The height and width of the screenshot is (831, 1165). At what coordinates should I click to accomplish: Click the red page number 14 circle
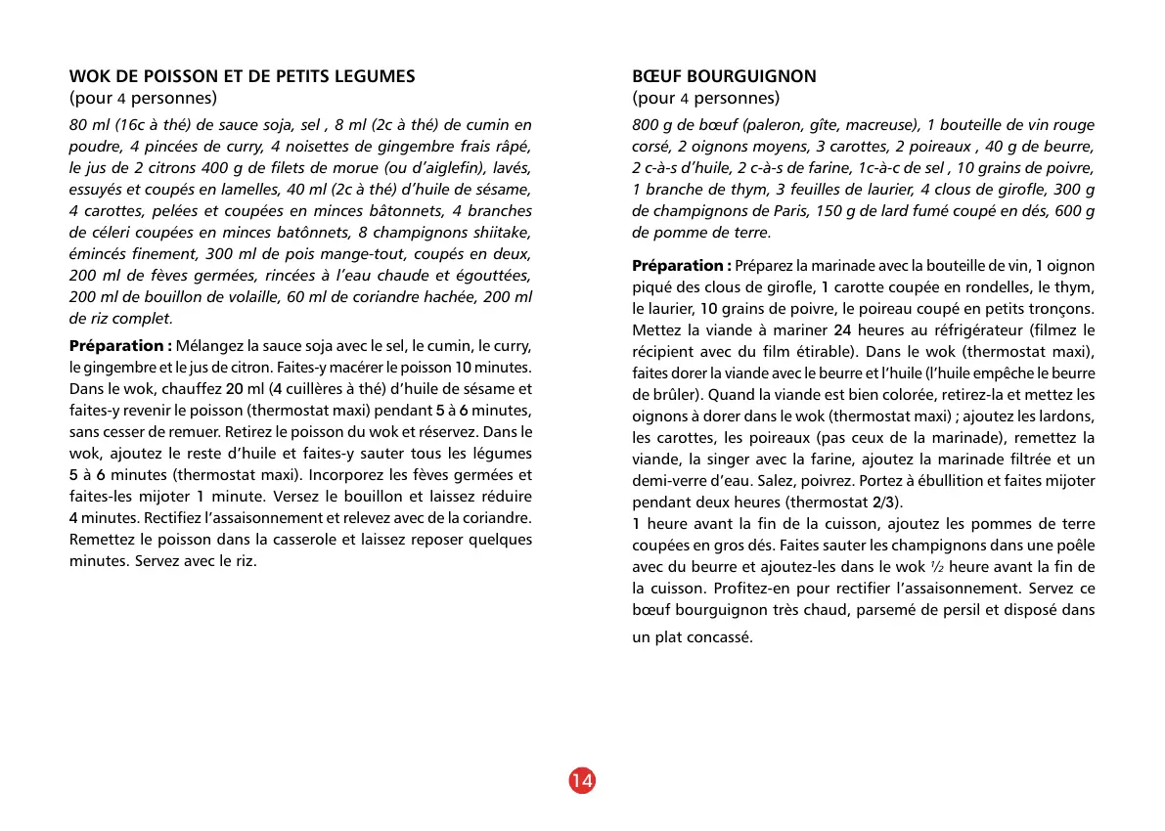click(x=581, y=780)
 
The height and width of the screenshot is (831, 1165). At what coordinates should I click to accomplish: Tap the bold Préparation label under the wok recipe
click(x=120, y=346)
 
